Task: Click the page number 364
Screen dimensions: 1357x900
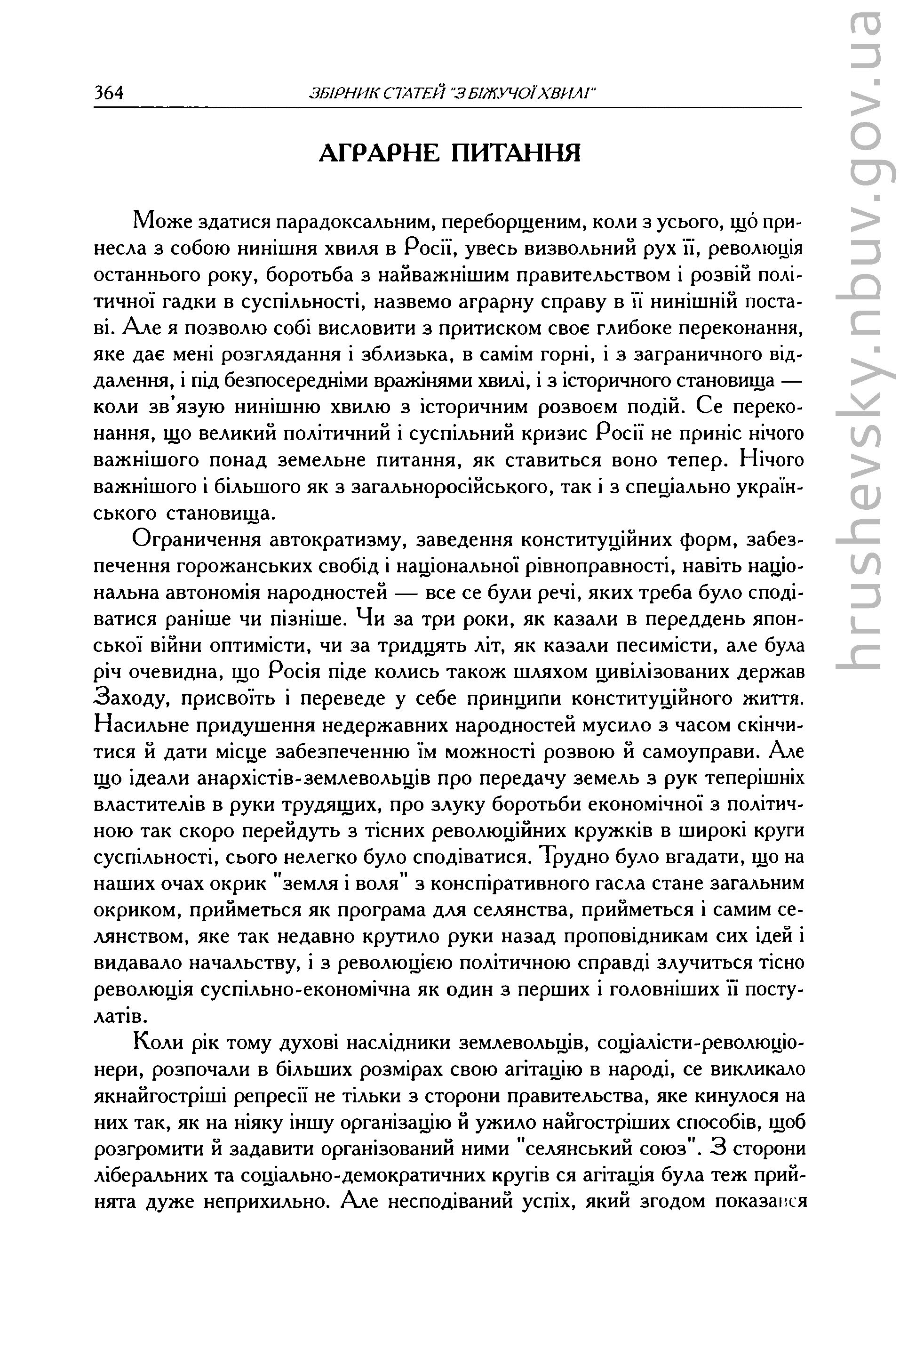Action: (x=109, y=92)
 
